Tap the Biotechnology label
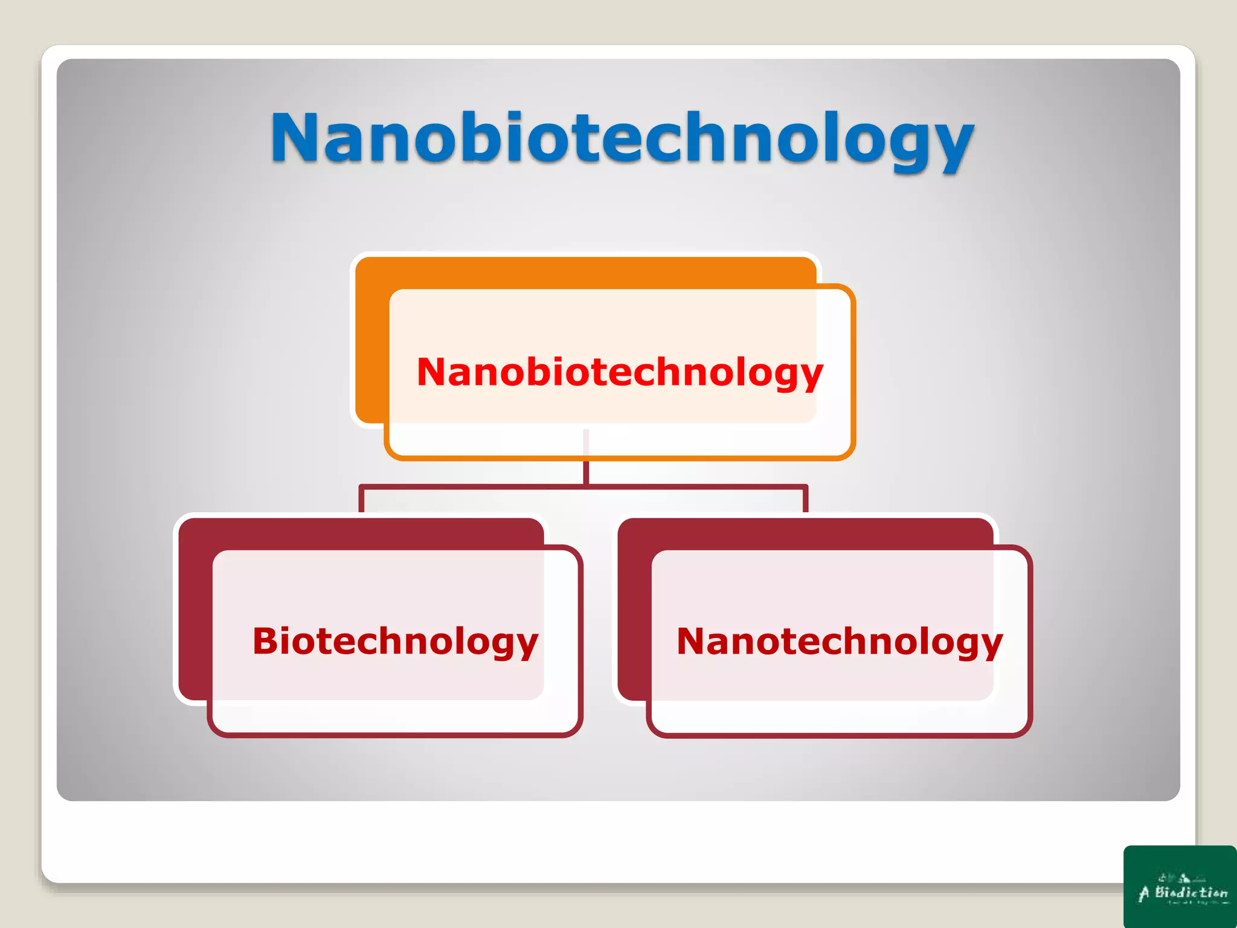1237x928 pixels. [395, 641]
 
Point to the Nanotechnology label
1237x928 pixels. [840, 641]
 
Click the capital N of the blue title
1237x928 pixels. [296, 138]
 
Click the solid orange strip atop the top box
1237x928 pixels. [586, 272]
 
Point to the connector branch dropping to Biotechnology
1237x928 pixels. [362, 499]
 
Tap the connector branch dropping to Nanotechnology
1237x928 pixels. [805, 499]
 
